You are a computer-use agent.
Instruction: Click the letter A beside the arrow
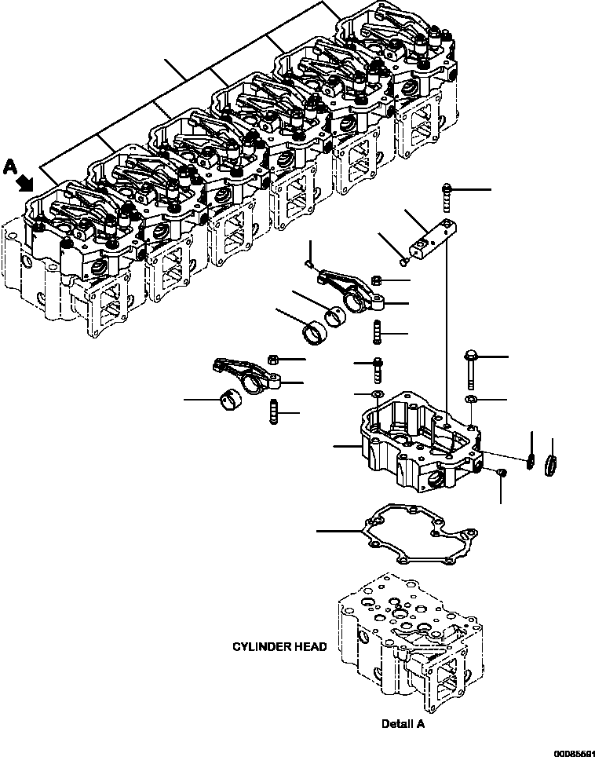11,167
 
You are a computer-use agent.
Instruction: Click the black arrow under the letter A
26,184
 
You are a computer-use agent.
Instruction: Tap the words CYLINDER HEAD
279,646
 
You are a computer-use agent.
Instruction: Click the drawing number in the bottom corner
575,753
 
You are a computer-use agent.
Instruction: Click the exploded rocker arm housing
421,441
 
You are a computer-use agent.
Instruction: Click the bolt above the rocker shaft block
447,197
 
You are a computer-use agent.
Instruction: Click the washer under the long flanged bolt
471,399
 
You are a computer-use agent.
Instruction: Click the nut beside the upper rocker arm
376,280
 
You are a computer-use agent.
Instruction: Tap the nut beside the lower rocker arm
272,359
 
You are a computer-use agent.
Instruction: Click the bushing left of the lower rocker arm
228,401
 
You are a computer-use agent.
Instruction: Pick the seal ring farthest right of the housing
551,465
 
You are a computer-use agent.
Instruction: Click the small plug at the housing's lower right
502,472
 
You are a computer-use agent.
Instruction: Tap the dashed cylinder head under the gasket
411,643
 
